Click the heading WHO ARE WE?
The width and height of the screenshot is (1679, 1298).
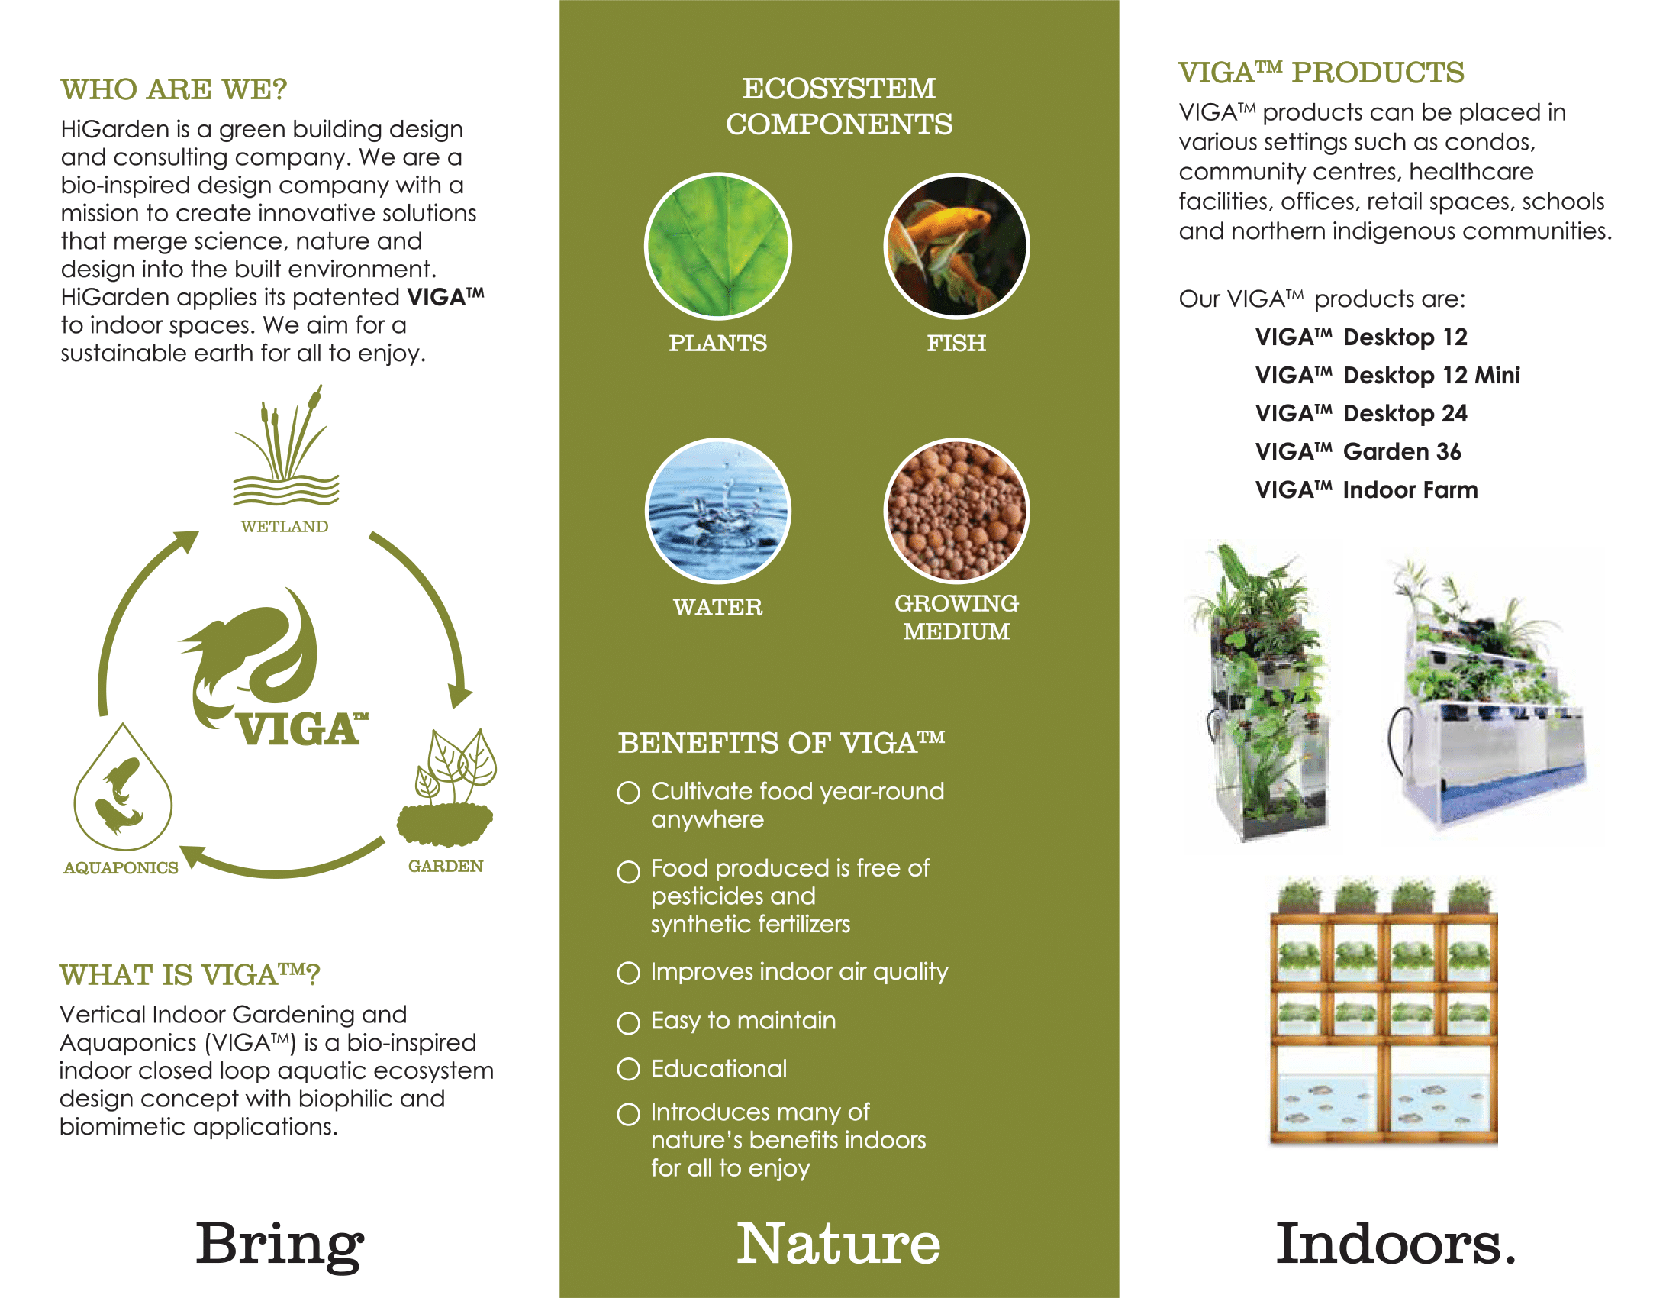click(x=174, y=89)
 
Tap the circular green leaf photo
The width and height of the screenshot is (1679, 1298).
click(x=717, y=246)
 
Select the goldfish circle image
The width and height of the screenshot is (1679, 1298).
click(x=956, y=246)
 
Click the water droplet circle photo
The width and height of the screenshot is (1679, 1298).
click(x=717, y=512)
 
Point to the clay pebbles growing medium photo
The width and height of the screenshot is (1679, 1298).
click(x=956, y=512)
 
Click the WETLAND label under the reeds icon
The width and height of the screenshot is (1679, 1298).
click(x=285, y=527)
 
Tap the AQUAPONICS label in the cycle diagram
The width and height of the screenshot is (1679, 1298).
click(x=121, y=868)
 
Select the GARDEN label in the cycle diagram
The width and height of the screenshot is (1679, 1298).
click(x=445, y=867)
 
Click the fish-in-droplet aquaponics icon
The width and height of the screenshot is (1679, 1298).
click(x=123, y=788)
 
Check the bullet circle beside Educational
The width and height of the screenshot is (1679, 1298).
click(x=628, y=1070)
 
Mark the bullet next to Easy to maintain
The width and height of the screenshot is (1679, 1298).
click(x=628, y=1022)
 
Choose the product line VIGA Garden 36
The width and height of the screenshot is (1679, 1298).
click(x=1358, y=452)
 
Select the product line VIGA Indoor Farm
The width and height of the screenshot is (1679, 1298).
click(x=1366, y=490)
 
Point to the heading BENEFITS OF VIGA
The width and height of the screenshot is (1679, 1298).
click(x=781, y=744)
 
